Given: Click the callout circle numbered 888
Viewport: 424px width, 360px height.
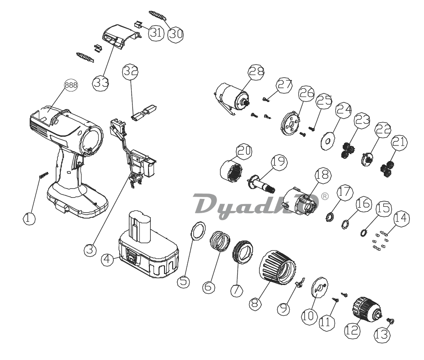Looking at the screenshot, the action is (x=71, y=85).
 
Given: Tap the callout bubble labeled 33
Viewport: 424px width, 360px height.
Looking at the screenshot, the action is (x=101, y=82).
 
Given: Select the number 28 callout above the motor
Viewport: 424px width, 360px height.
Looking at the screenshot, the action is (x=256, y=72).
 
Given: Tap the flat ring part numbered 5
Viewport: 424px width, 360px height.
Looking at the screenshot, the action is (x=198, y=231).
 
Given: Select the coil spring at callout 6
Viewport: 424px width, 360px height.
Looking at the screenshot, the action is (x=220, y=241).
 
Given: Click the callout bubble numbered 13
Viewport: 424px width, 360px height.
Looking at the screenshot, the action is (x=382, y=335).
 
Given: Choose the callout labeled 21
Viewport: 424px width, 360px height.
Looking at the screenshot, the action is (x=400, y=142).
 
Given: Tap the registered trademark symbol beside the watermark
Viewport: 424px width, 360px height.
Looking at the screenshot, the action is (x=324, y=196).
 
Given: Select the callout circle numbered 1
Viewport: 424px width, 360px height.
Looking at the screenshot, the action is (x=29, y=218).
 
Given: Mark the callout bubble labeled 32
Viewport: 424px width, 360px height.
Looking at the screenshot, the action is (x=131, y=72).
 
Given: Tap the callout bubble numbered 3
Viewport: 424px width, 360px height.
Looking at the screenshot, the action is (x=90, y=250).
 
